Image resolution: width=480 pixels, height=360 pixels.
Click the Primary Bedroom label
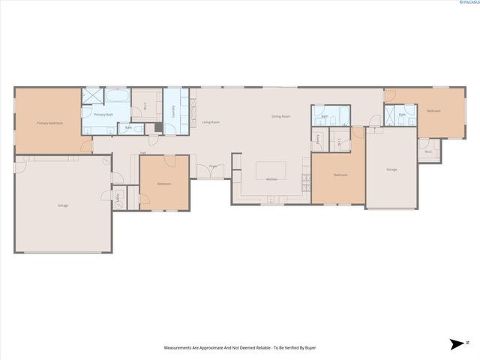(x=50, y=122)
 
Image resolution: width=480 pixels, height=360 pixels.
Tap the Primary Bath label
(x=103, y=115)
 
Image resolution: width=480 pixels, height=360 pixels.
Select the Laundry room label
(x=173, y=111)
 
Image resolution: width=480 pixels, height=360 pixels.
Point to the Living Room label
(x=211, y=121)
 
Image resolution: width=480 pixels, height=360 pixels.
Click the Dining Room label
(x=280, y=116)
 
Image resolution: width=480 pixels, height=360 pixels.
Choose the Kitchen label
(x=271, y=179)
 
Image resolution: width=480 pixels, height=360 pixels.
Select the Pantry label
(x=318, y=139)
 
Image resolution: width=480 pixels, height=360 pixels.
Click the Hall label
(x=142, y=153)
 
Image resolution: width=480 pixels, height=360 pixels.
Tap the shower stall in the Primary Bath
(x=91, y=96)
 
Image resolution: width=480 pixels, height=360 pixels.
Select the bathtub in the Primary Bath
(x=118, y=97)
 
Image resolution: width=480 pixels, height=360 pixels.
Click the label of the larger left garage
(x=63, y=205)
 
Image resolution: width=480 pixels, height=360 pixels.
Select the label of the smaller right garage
(x=391, y=169)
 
